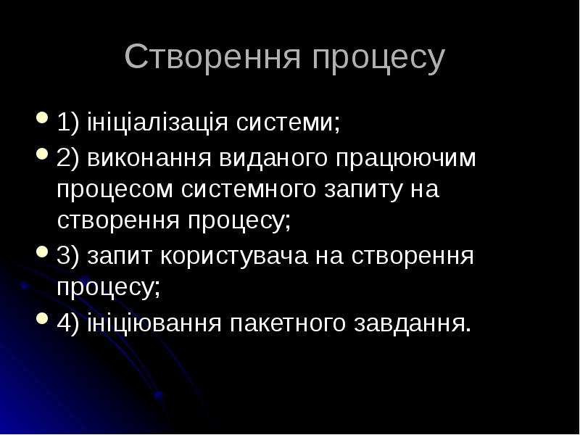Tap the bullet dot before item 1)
pyautogui.click(x=41, y=117)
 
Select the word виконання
pyautogui.click(x=143, y=157)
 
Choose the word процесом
pyautogui.click(x=115, y=191)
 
